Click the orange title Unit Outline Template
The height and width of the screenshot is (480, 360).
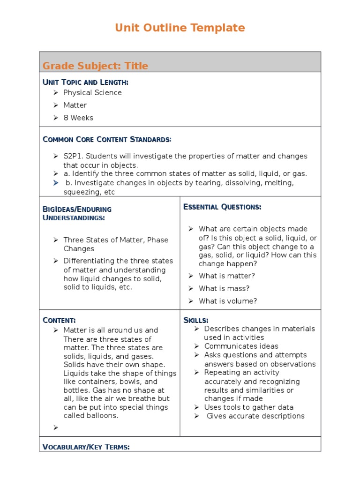180,28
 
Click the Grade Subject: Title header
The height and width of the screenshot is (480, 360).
95,66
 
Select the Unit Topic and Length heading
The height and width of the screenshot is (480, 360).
85,82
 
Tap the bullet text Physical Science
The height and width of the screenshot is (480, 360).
92,93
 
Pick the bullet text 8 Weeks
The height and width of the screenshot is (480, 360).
78,118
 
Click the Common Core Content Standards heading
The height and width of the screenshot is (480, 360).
107,140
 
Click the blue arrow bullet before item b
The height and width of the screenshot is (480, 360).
55,183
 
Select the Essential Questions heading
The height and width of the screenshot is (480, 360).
222,207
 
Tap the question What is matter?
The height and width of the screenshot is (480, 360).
227,276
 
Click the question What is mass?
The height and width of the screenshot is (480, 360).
224,289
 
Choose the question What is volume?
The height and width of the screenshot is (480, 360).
228,301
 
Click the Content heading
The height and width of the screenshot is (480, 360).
59,321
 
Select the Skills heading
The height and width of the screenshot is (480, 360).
196,321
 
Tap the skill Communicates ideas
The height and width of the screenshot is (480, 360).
241,346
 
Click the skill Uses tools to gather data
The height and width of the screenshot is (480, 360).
248,407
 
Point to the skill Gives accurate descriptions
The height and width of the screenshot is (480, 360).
255,416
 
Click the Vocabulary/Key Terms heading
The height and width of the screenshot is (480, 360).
86,447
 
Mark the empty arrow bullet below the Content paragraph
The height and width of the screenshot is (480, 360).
55,427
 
